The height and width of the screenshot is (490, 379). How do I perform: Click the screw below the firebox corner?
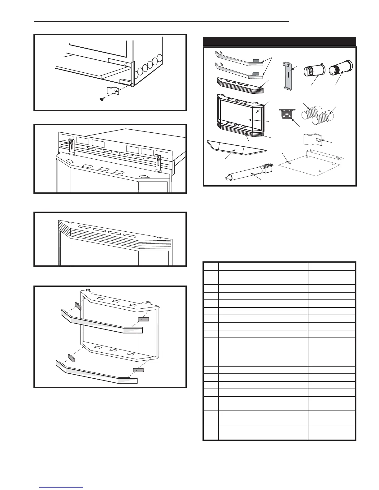click(x=102, y=99)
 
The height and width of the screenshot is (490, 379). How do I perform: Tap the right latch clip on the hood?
click(x=158, y=163)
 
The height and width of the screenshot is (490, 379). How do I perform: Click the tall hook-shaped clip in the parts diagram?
click(x=288, y=76)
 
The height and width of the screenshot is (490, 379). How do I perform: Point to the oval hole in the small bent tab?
click(x=319, y=141)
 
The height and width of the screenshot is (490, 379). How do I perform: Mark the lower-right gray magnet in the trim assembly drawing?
click(x=138, y=370)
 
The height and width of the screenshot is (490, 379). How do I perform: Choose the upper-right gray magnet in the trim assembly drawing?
click(x=143, y=319)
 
